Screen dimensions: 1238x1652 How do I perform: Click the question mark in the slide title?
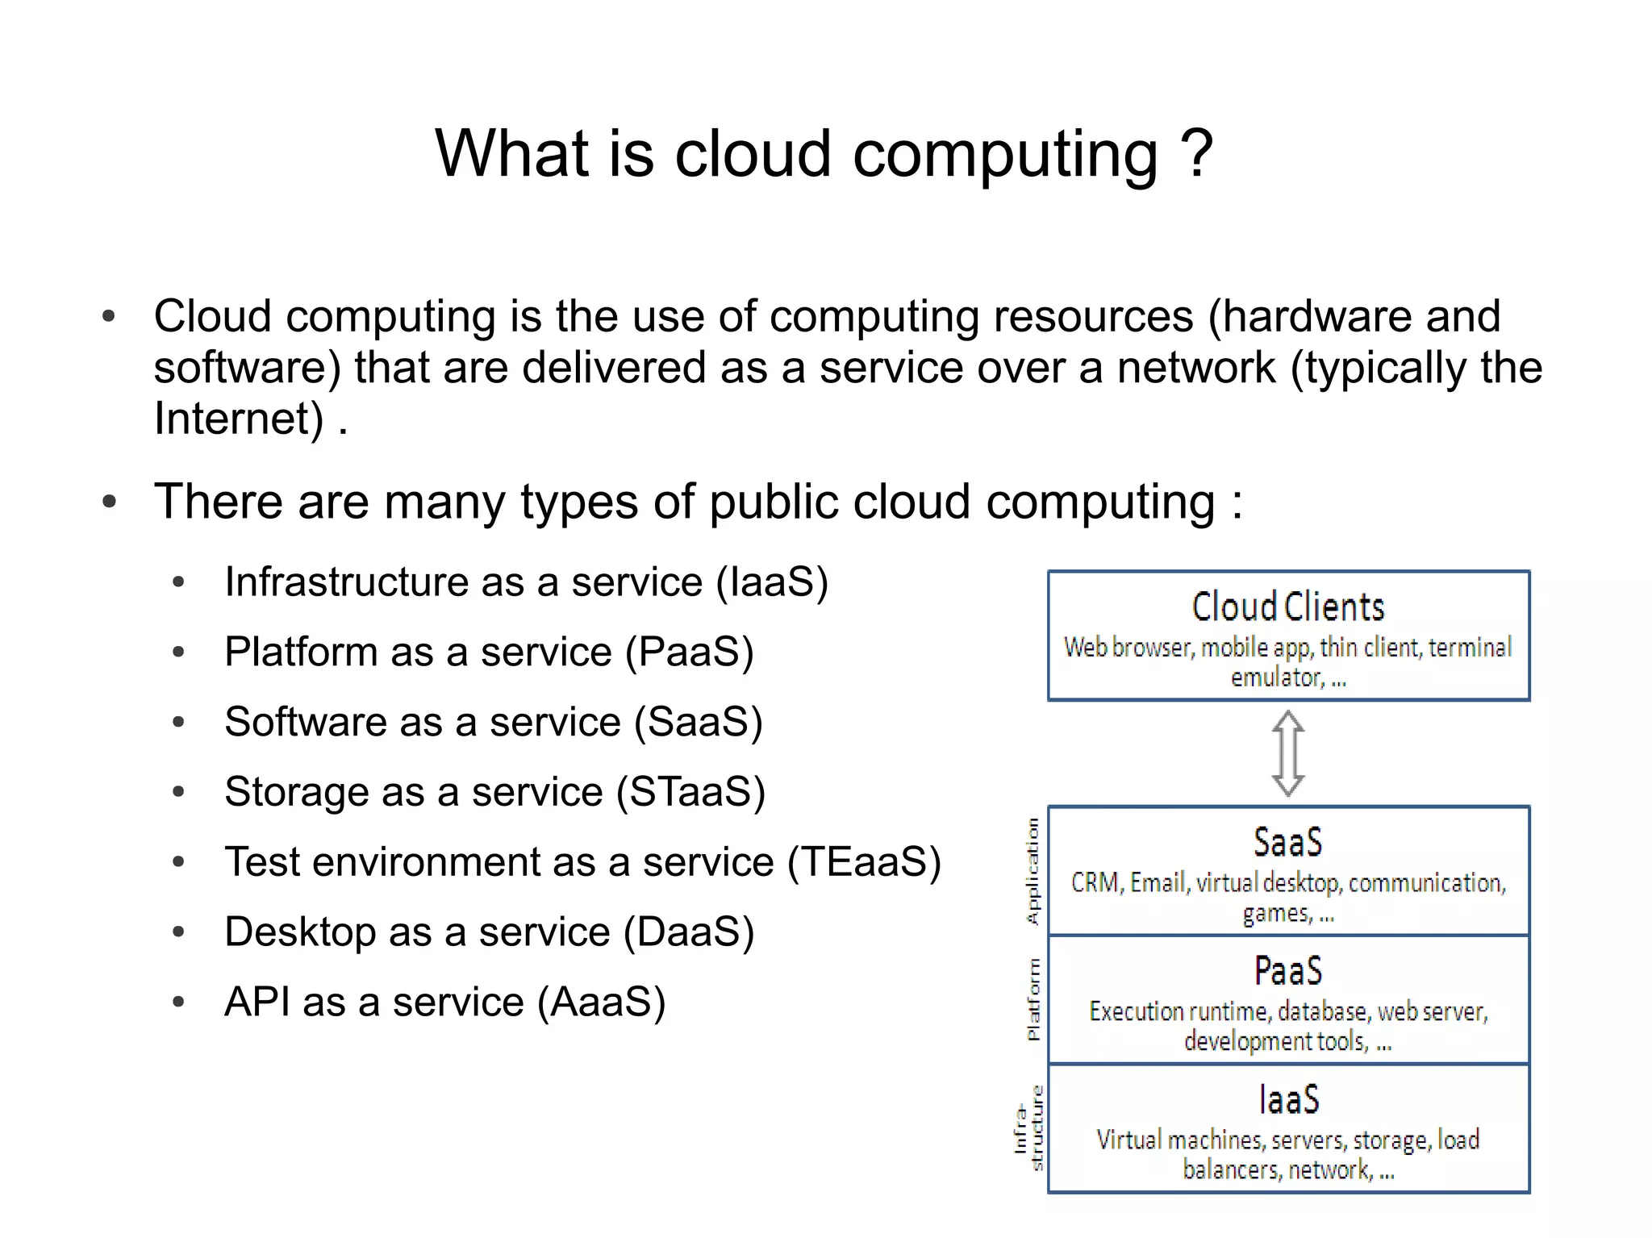pos(1196,153)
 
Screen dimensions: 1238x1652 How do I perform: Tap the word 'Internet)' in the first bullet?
pos(239,419)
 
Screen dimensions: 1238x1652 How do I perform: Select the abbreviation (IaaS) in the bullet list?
pos(772,581)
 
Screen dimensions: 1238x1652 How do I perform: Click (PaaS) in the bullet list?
pos(690,652)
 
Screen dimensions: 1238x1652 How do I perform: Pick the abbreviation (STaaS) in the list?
pos(690,791)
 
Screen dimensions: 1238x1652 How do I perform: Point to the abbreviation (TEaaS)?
pos(864,861)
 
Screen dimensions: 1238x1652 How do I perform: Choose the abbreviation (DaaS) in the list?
pos(689,932)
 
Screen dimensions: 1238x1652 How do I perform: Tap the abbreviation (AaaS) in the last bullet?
pos(601,1002)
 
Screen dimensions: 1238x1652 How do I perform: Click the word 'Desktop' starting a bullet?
pos(299,932)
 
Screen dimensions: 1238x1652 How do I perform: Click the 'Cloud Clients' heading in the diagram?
pos(1288,606)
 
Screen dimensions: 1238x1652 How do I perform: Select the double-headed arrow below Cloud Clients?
pos(1288,753)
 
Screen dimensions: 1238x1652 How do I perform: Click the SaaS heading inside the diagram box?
pos(1288,842)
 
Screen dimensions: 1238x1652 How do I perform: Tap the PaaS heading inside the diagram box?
pos(1288,970)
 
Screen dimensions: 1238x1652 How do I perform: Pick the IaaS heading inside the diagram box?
pos(1288,1099)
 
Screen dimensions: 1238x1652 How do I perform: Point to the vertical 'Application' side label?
pos(1032,871)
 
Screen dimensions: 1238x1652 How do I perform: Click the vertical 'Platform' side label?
pos(1033,999)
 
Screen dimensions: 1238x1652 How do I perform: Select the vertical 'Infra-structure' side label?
pos(1028,1128)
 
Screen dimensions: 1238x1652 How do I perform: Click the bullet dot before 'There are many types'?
pos(110,502)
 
